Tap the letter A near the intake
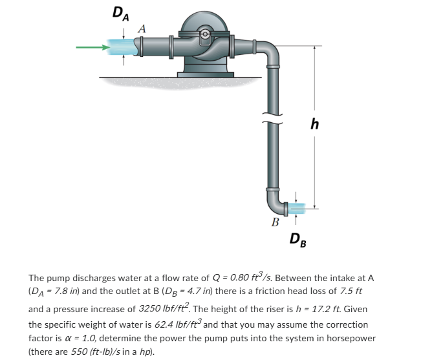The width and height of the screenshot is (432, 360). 142,28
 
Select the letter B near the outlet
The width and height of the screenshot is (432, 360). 275,224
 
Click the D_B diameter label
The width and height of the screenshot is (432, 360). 299,240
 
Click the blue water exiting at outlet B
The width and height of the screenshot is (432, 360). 299,207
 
